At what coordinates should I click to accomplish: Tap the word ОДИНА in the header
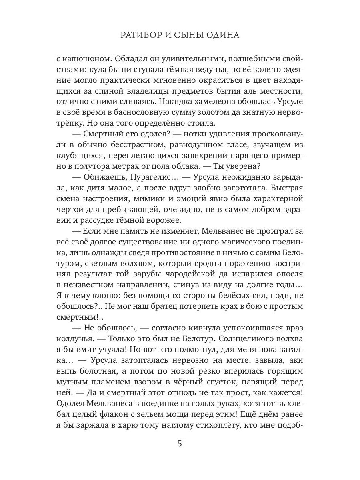(223, 35)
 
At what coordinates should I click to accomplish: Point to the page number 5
(180, 444)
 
